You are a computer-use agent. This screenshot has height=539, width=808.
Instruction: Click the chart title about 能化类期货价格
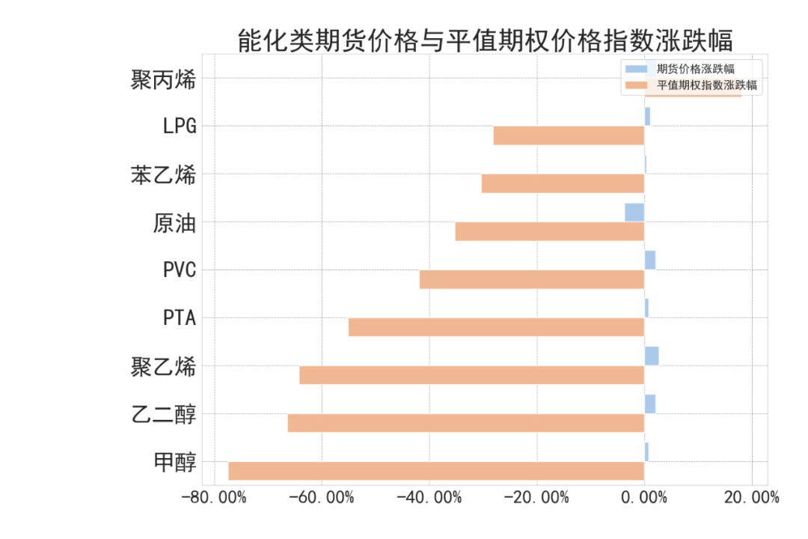[x=484, y=40]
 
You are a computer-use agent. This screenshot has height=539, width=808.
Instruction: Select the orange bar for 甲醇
[x=436, y=471]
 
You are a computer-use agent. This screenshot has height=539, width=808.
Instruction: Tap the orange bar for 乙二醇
[x=465, y=423]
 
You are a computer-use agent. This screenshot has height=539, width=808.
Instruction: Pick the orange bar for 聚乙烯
[x=471, y=375]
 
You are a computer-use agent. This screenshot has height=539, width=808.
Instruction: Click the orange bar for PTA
[x=496, y=327]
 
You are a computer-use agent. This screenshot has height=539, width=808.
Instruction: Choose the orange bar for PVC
[x=531, y=279]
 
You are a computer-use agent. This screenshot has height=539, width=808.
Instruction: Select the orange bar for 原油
[x=549, y=231]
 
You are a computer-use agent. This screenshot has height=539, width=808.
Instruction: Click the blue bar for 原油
[x=634, y=213]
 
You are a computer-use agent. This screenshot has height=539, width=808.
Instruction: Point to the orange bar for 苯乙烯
[x=563, y=183]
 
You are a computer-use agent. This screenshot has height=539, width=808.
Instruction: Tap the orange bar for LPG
[x=569, y=135]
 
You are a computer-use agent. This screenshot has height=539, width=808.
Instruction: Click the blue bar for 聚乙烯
[x=652, y=356]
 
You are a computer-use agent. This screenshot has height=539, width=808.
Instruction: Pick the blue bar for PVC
[x=650, y=261]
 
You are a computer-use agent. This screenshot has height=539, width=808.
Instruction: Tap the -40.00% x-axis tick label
[x=429, y=498]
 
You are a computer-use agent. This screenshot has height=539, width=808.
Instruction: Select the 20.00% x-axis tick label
[x=752, y=498]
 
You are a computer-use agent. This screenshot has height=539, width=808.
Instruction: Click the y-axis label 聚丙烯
[x=163, y=79]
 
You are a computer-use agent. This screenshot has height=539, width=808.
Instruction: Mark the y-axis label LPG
[x=180, y=126]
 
